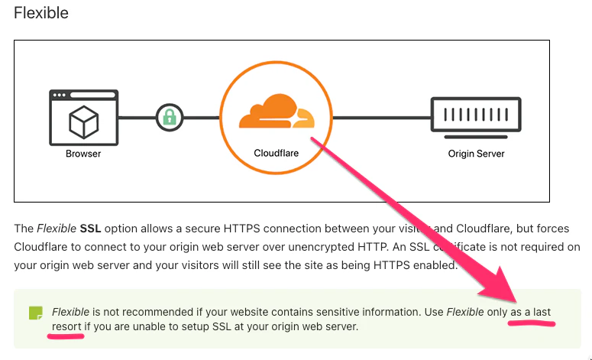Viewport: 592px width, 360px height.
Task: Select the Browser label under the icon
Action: [82, 154]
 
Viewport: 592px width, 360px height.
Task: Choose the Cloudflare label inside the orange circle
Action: [276, 153]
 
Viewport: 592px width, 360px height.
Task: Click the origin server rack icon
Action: [475, 118]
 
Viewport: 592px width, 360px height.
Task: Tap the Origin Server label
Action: [476, 154]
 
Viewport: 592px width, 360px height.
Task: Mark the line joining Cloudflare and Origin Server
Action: [380, 118]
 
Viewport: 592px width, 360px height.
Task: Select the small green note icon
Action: [35, 313]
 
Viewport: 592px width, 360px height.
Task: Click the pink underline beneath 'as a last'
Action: [531, 323]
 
